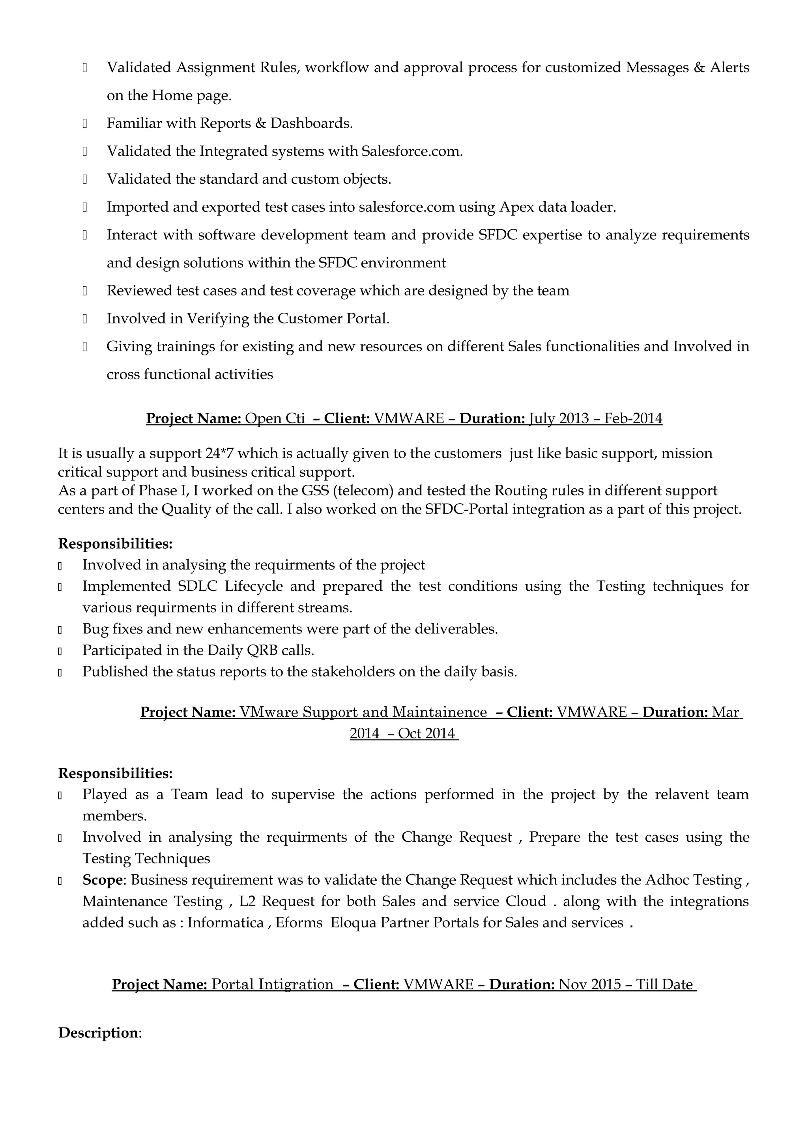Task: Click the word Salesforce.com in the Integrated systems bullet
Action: pyautogui.click(x=412, y=151)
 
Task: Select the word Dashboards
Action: pyautogui.click(x=311, y=123)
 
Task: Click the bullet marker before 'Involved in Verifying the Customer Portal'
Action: pyautogui.click(x=85, y=319)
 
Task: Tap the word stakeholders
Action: pyautogui.click(x=353, y=672)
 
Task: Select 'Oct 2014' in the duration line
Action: pyautogui.click(x=426, y=733)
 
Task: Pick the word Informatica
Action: pyautogui.click(x=225, y=923)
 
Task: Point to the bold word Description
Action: pyautogui.click(x=98, y=1033)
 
